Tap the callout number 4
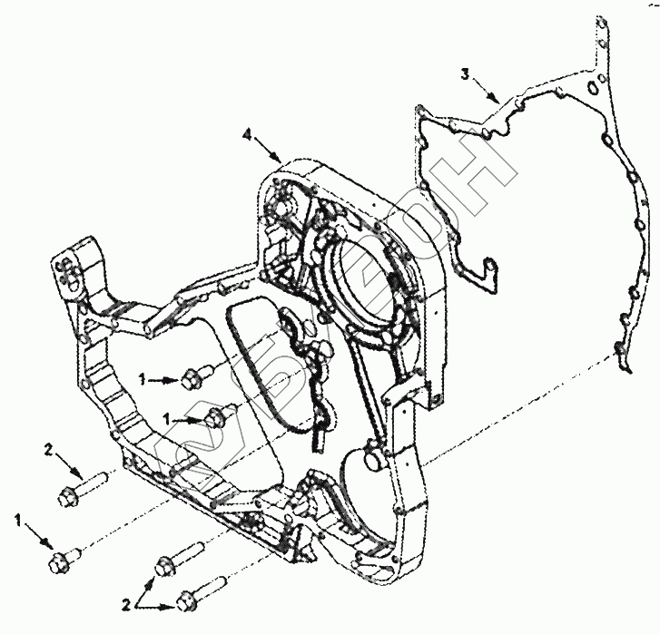(248, 135)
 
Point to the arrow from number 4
(267, 148)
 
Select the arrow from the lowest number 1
(38, 539)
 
